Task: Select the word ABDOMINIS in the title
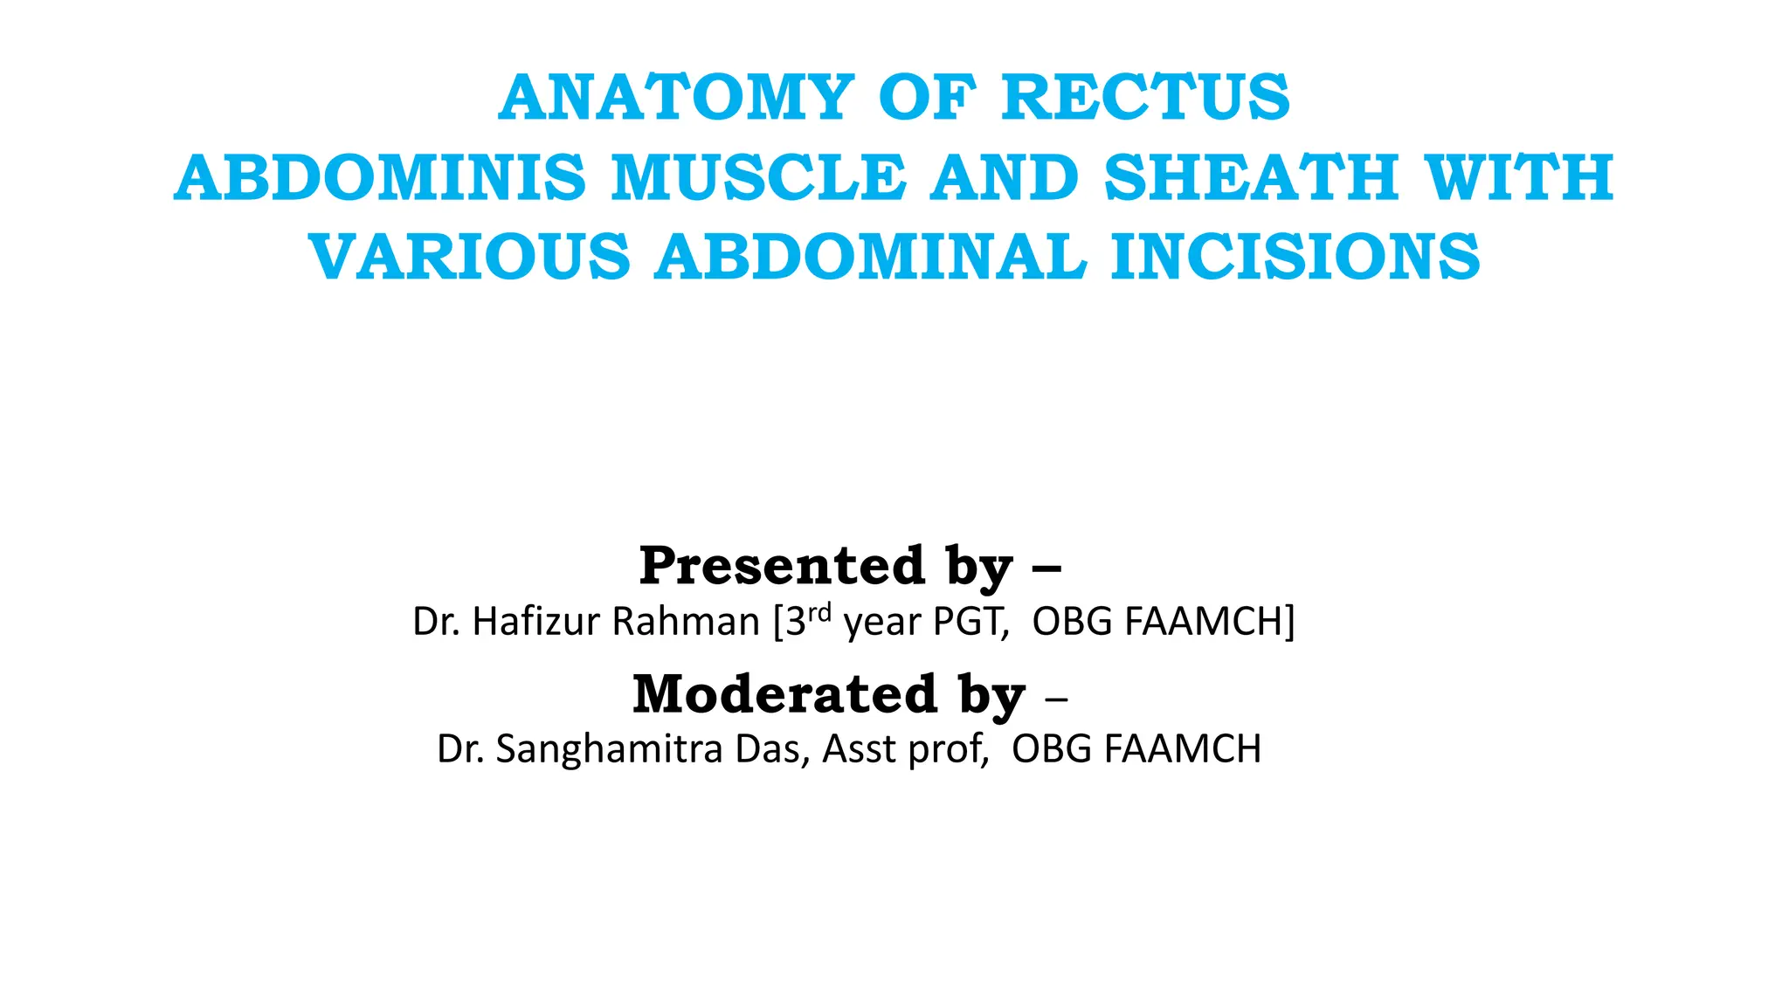coord(380,178)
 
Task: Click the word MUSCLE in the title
coord(758,178)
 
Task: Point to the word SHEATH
coord(1252,178)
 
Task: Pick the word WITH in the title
coord(1519,178)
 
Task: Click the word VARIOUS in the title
coord(470,258)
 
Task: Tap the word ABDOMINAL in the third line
coord(871,258)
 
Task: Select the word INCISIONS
coord(1296,258)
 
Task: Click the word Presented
coord(782,566)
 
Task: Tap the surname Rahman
coord(686,622)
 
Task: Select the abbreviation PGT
coord(970,622)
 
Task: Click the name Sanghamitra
coord(609,749)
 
